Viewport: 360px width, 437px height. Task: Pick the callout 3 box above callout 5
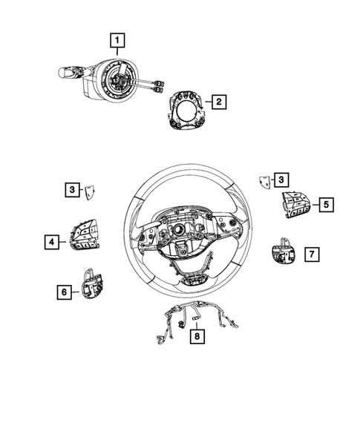281,179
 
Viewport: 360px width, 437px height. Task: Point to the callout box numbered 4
51,241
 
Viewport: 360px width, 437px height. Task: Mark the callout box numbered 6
65,292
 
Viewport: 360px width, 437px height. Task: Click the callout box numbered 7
312,254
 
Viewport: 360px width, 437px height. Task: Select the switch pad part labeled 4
85,236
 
